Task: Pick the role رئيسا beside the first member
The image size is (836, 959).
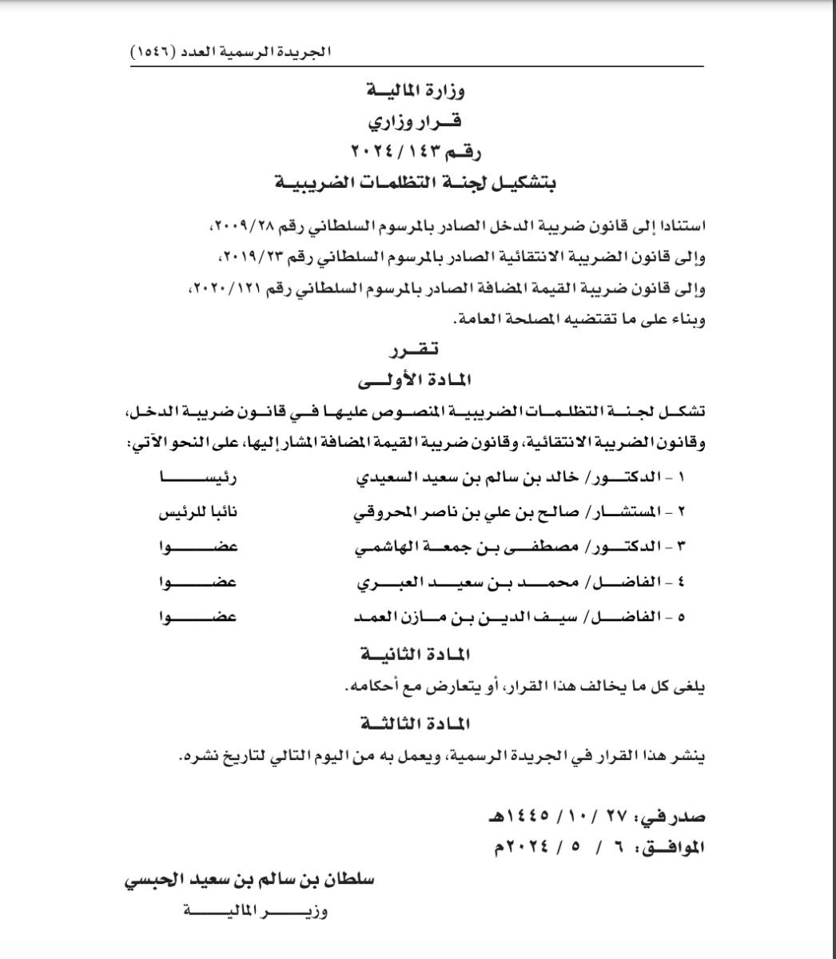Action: pos(199,479)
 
